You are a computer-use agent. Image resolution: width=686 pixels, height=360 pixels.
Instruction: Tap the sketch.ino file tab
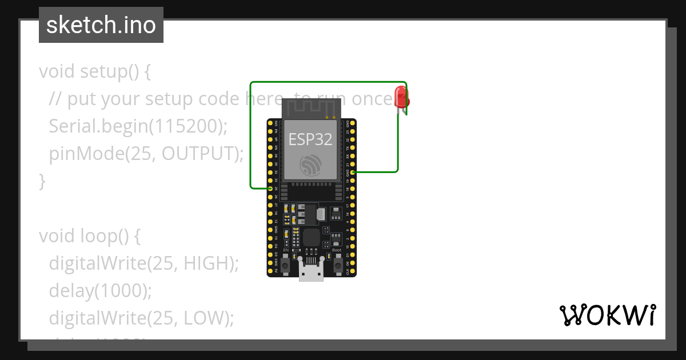pos(101,25)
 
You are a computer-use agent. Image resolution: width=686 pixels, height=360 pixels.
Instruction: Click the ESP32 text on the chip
pos(310,139)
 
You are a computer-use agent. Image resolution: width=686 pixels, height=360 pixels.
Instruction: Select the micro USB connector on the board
pos(312,273)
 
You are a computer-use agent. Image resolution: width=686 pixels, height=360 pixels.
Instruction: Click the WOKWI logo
pos(607,315)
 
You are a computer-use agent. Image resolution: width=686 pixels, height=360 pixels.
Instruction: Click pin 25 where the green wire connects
pos(270,188)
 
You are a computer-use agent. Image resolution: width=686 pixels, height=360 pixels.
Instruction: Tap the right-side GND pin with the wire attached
pos(353,171)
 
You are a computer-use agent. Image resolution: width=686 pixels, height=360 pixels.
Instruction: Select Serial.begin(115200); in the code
pos(138,126)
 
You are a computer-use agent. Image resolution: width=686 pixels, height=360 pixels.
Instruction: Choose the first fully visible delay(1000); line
pos(101,290)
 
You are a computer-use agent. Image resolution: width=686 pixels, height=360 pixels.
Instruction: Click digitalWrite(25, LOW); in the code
pos(142,318)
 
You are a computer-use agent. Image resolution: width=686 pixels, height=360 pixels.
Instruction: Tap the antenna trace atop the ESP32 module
pos(312,108)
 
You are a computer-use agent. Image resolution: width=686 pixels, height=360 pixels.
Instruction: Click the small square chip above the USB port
pos(312,237)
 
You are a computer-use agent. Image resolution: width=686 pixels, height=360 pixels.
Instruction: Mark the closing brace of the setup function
pos(42,181)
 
